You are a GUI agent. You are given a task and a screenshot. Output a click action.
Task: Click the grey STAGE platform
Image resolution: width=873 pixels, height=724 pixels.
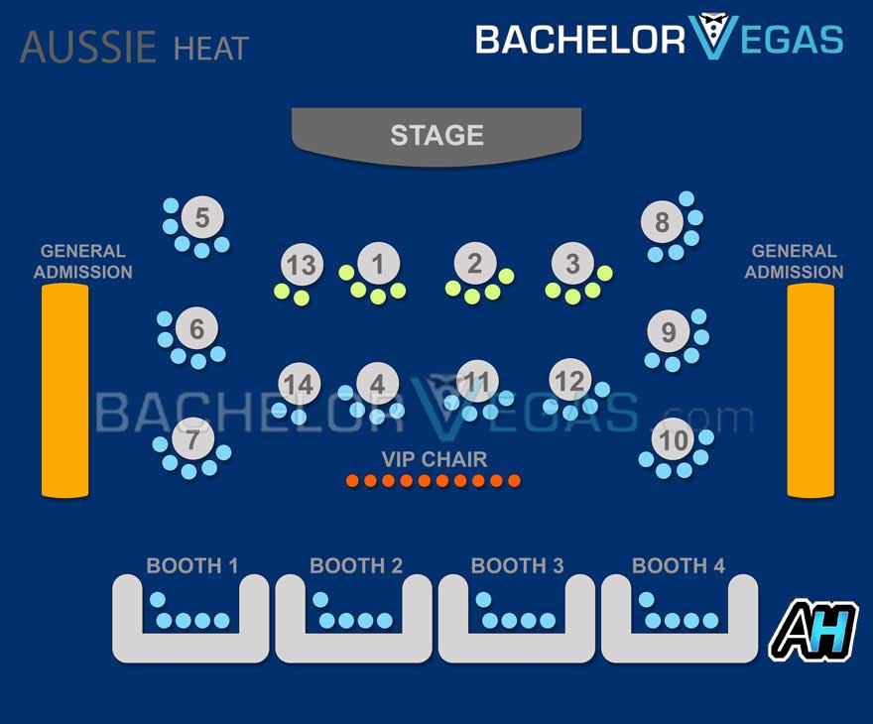[x=436, y=135]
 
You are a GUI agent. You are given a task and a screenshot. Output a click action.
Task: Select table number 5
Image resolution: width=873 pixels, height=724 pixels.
[x=202, y=217]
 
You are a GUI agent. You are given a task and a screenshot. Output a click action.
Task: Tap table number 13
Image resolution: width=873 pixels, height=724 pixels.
[x=301, y=265]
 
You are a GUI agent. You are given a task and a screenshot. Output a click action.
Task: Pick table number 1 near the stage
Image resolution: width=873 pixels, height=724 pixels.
[x=377, y=264]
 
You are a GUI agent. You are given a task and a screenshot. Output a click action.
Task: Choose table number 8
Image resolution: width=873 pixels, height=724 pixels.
[x=662, y=221]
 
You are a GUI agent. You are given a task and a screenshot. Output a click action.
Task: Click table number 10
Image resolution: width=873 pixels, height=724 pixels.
[x=674, y=439]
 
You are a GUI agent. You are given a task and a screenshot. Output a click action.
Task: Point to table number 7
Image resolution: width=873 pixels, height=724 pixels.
[x=192, y=437]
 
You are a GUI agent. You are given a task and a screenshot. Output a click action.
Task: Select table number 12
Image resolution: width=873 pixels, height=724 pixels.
[x=569, y=381]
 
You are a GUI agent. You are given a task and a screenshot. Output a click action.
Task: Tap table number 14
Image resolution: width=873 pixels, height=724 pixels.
[x=298, y=384]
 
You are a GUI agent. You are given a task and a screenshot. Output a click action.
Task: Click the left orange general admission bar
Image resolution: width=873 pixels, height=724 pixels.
[x=64, y=390]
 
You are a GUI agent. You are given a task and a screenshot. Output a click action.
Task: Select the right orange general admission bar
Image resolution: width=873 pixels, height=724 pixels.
[x=811, y=390]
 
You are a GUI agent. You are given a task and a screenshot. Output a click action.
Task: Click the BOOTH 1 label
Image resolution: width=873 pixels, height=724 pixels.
[x=192, y=566]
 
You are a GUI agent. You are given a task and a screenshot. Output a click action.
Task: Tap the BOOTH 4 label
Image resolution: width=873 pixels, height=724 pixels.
[x=679, y=566]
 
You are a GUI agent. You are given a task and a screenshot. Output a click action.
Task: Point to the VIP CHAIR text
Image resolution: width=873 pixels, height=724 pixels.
[x=435, y=459]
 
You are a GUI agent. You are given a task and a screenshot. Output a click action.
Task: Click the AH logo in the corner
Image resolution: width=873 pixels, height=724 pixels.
[x=814, y=630]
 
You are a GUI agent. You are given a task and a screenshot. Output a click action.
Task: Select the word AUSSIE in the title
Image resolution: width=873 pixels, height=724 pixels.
[x=88, y=47]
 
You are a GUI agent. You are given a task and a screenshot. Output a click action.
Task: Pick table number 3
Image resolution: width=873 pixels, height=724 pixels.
[x=572, y=264]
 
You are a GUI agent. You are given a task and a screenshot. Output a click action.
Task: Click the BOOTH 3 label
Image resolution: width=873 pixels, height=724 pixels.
[x=517, y=566]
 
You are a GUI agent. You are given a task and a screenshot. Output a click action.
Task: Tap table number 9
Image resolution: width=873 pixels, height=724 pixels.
[x=668, y=331]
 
